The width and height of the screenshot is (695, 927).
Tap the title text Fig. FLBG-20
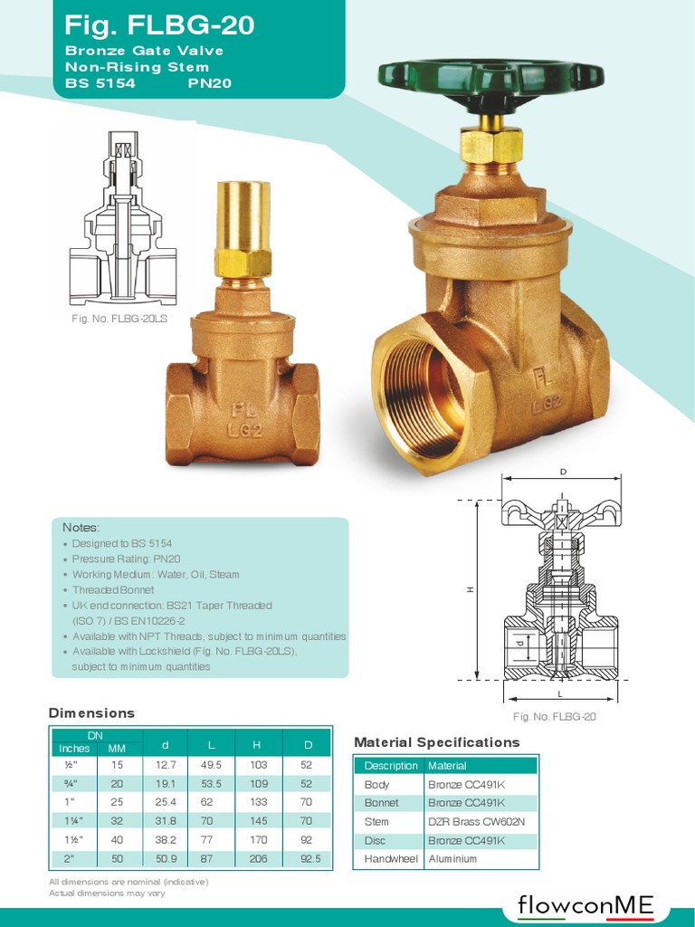[x=160, y=25]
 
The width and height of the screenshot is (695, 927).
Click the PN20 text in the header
[x=210, y=82]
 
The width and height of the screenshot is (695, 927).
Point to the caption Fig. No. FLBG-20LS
[x=119, y=319]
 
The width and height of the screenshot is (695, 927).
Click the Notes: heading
[x=81, y=527]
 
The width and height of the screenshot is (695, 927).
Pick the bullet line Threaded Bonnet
[x=112, y=589]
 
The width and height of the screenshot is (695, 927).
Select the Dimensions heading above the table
[x=91, y=713]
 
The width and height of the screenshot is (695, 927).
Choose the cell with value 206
[x=258, y=858]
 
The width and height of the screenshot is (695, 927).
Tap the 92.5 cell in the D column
[x=309, y=858]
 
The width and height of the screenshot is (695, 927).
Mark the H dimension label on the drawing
[x=470, y=589]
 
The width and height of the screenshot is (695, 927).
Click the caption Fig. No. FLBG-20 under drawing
[x=555, y=717]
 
